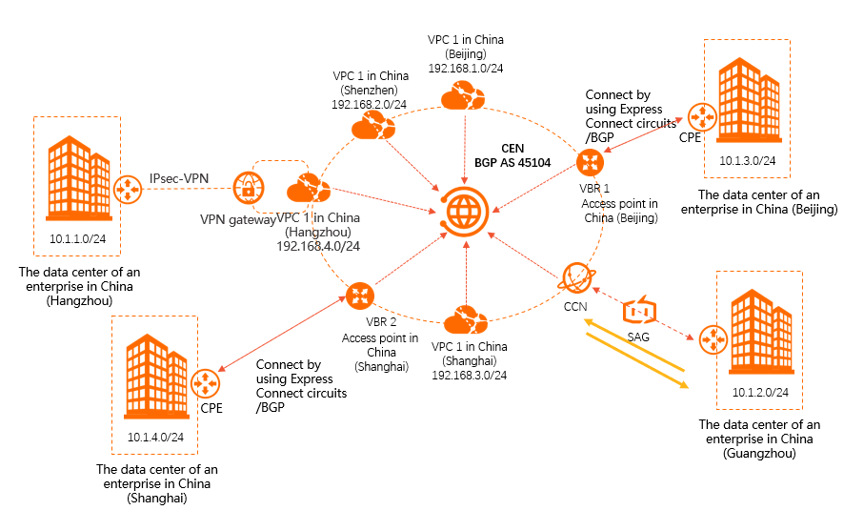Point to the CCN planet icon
(576, 277)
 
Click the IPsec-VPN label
(178, 178)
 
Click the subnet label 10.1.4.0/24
(155, 438)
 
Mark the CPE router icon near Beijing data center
(703, 118)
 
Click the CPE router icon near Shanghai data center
(202, 383)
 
